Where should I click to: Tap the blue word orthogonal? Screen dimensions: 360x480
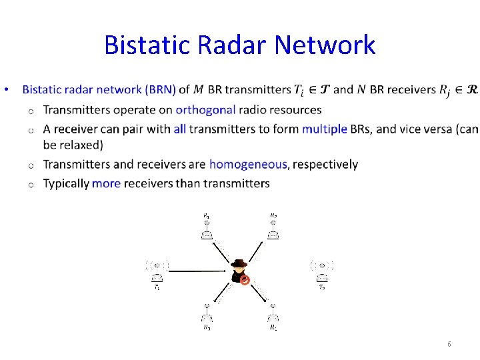(206, 110)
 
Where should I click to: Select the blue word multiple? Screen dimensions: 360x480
(324, 129)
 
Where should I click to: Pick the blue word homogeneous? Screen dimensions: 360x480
(248, 164)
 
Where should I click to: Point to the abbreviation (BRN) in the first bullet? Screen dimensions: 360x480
(160, 90)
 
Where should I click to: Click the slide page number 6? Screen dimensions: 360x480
(449, 344)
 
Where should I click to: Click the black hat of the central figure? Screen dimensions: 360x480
(239, 263)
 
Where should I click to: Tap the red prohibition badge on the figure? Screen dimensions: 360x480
(245, 281)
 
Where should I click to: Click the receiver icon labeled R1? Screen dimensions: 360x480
(207, 229)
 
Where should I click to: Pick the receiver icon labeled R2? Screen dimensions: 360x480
(273, 229)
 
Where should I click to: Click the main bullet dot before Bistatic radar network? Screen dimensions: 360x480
(5, 90)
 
